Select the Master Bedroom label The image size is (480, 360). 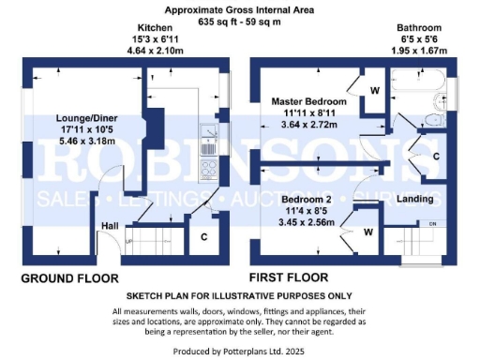(x=309, y=100)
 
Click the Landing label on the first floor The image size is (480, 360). (x=414, y=199)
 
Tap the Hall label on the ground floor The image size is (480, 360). (x=110, y=226)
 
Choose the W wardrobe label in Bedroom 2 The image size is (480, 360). (x=368, y=231)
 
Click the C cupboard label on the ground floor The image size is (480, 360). (x=204, y=237)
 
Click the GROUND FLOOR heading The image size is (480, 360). (x=71, y=278)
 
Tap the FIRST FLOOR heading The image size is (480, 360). (x=289, y=278)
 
